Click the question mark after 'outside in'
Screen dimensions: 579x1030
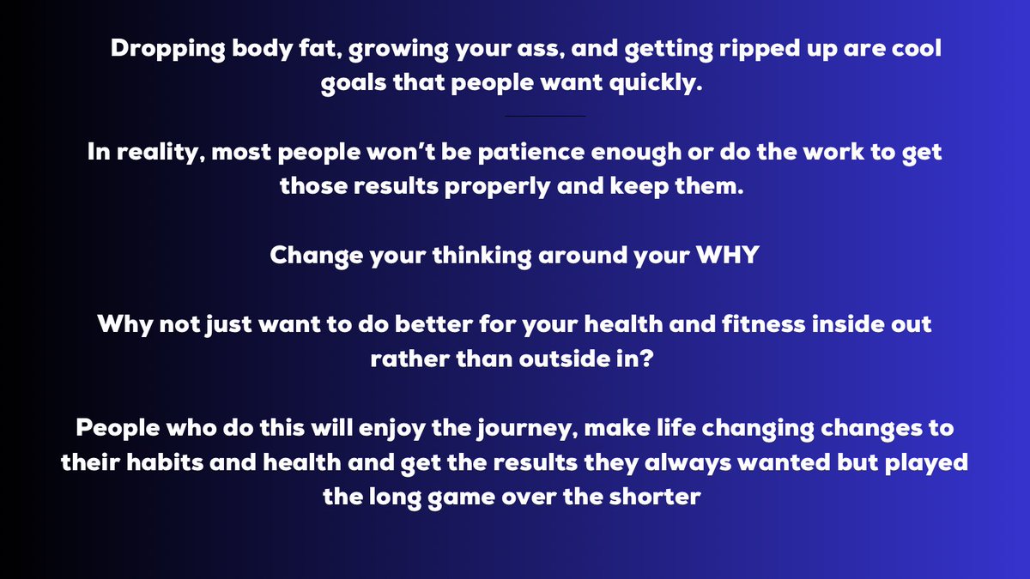[654, 360]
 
